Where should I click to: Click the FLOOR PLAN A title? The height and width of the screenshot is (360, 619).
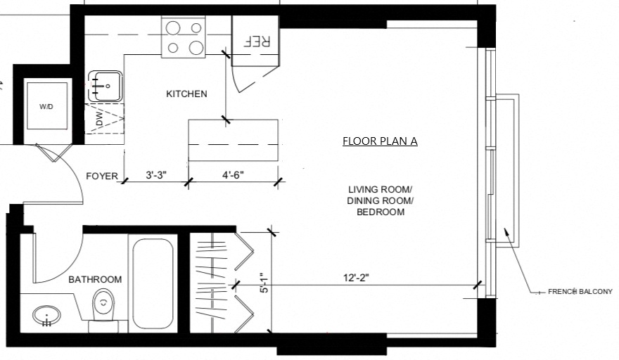pyautogui.click(x=380, y=141)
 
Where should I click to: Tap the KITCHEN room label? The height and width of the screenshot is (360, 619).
pyautogui.click(x=186, y=94)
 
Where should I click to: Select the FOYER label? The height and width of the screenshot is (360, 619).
pyautogui.click(x=102, y=176)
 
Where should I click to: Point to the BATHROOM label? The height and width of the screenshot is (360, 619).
pyautogui.click(x=95, y=280)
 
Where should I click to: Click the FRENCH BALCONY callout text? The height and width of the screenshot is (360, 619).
pyautogui.click(x=580, y=291)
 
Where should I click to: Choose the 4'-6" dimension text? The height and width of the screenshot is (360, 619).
pyautogui.click(x=233, y=174)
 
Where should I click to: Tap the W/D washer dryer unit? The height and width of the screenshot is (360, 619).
pyautogui.click(x=46, y=106)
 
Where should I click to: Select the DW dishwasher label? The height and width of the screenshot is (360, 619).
pyautogui.click(x=98, y=122)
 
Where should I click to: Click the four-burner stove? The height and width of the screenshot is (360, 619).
pyautogui.click(x=184, y=38)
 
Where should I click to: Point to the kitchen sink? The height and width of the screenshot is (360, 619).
pyautogui.click(x=105, y=86)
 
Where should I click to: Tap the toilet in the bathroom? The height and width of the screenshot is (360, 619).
pyautogui.click(x=103, y=305)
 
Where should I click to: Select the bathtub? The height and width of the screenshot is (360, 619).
pyautogui.click(x=152, y=283)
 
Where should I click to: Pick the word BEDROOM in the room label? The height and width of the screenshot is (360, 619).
pyautogui.click(x=380, y=212)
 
